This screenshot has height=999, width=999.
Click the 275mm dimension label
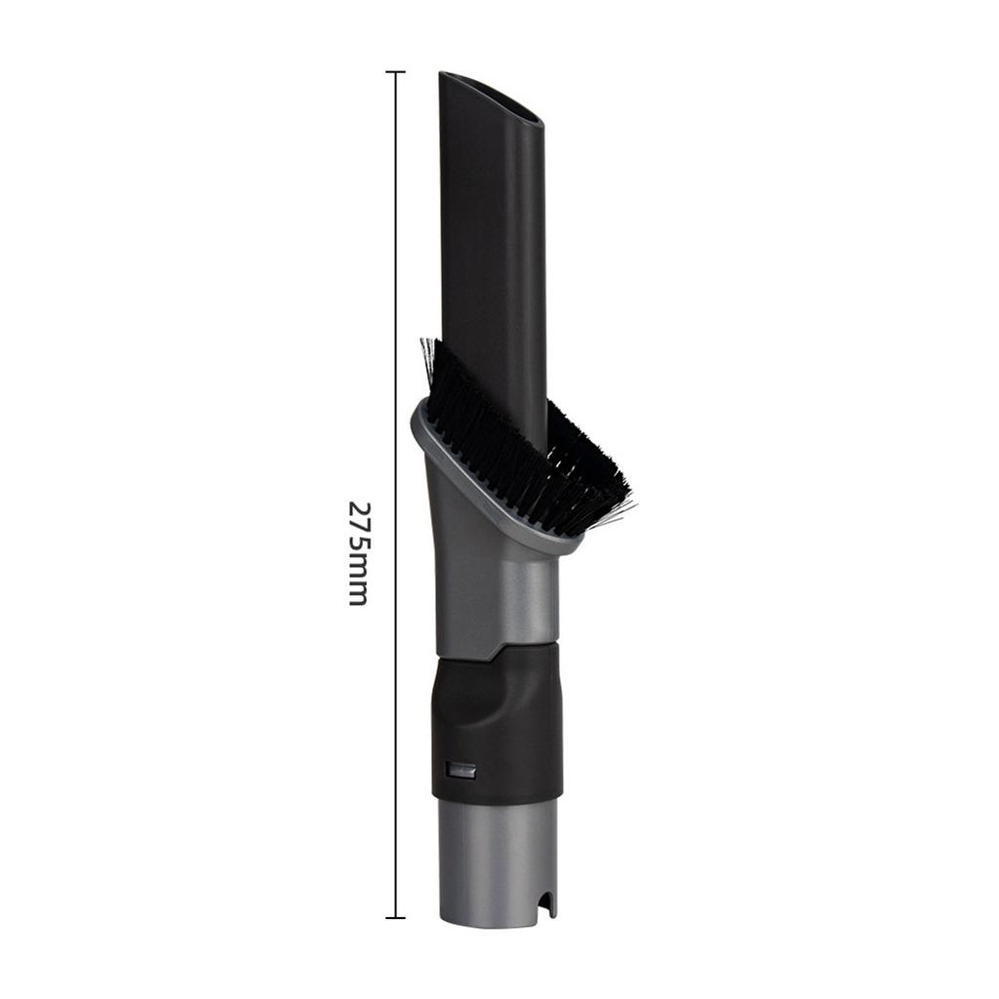click(358, 553)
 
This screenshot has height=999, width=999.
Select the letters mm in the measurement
click(358, 587)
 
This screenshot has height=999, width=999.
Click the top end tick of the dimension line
click(395, 72)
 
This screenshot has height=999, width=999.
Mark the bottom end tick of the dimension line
click(395, 917)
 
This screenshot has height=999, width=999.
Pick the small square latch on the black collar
click(460, 770)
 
